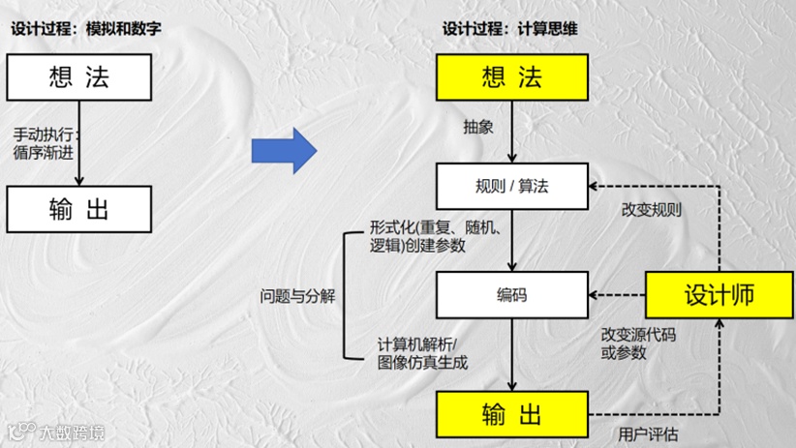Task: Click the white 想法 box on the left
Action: click(79, 77)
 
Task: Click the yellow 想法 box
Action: click(511, 77)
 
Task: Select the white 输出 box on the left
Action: click(79, 209)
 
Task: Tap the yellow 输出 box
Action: click(511, 414)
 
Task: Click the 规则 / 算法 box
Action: click(511, 186)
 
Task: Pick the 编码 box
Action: click(511, 295)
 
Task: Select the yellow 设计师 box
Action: click(719, 295)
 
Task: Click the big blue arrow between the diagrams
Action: click(284, 151)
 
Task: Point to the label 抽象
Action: click(478, 127)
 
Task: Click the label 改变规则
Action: click(651, 209)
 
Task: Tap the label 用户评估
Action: click(648, 433)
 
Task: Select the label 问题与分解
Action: click(297, 296)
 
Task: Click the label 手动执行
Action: click(46, 134)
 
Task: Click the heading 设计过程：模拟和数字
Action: click(85, 29)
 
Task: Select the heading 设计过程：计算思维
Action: click(510, 29)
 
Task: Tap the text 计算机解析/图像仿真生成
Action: click(421, 353)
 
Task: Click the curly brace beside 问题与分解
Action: click(350, 296)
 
